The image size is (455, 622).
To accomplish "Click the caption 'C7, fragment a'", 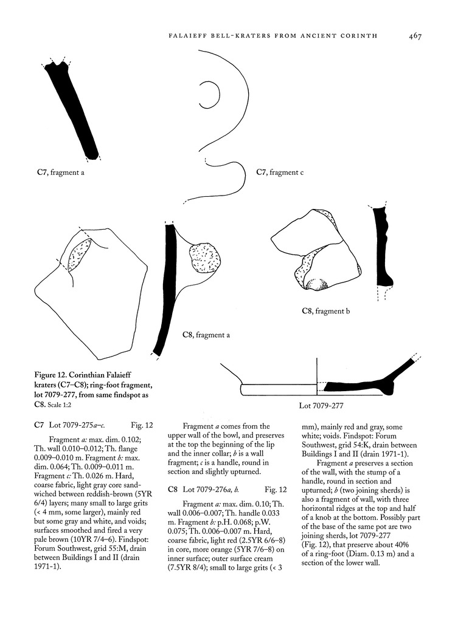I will click(x=60, y=173).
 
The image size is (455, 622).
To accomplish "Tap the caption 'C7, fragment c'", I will click(x=280, y=173).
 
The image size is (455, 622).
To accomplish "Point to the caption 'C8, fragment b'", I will click(x=326, y=312).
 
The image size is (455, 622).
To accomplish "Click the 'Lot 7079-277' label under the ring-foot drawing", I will click(x=323, y=405).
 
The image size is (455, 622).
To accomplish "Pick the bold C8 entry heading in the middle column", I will click(x=172, y=489).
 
